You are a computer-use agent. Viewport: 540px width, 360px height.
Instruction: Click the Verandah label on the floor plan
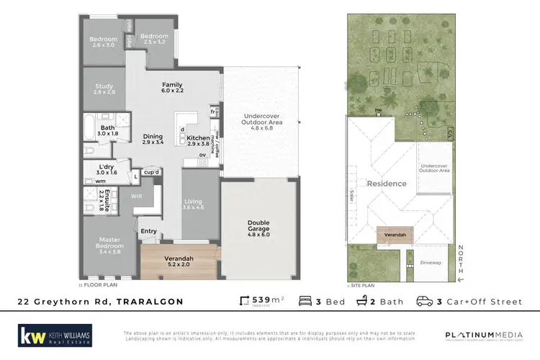pyautogui.click(x=176, y=261)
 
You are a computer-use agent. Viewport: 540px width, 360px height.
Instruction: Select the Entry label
pyautogui.click(x=149, y=231)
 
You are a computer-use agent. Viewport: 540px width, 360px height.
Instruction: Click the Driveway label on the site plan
pyautogui.click(x=431, y=263)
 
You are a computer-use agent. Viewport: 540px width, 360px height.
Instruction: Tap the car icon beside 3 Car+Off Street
pyautogui.click(x=425, y=301)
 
